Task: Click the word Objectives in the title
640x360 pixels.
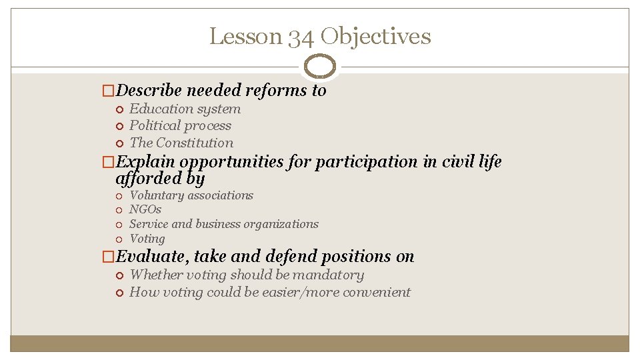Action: [x=375, y=36]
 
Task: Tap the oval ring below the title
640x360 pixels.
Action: [x=319, y=67]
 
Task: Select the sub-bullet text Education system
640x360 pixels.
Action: [x=185, y=109]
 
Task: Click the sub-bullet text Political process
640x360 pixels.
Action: [x=180, y=125]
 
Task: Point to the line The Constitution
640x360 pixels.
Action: [x=181, y=142]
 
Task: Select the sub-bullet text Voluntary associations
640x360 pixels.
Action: [x=191, y=195]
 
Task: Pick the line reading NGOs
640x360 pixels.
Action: [x=145, y=209]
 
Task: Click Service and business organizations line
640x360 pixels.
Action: [x=224, y=224]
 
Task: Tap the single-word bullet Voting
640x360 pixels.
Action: [x=147, y=239]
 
